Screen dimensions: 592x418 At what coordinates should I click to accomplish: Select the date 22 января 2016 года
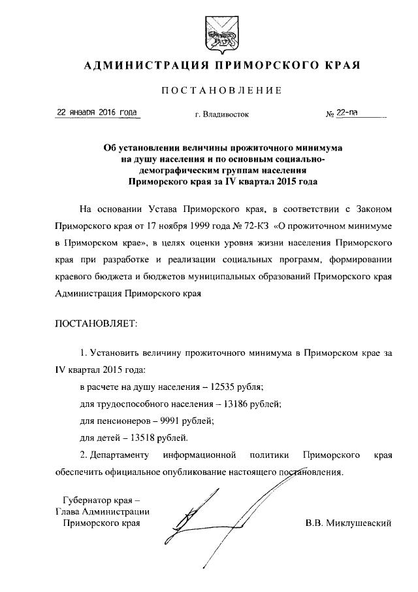tap(98, 112)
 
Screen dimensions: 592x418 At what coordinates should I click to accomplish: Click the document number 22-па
tap(347, 113)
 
